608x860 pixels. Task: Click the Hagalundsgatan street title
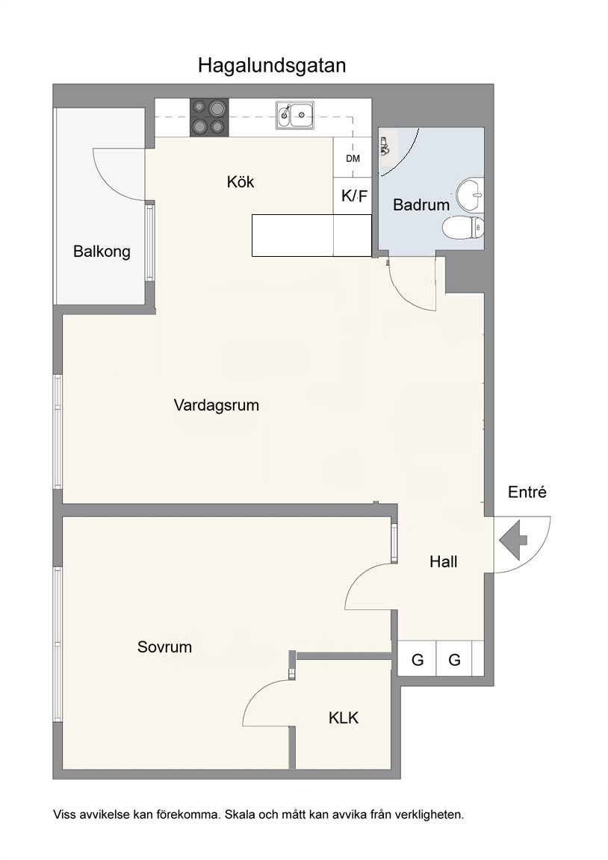point(272,66)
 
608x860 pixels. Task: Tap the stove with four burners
point(209,117)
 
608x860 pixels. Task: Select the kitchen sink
point(295,115)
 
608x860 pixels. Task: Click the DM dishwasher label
point(353,158)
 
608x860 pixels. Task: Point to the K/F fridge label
point(355,196)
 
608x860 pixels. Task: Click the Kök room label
point(241,181)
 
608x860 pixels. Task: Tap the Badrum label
point(421,205)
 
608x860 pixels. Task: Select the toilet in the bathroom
point(463,227)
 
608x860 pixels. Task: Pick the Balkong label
point(102,252)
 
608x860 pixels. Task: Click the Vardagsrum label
point(216,405)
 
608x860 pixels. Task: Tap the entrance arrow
point(513,540)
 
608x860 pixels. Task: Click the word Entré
point(527,492)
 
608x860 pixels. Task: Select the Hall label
point(444,561)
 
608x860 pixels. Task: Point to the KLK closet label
point(344,717)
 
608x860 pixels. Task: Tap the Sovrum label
point(164,647)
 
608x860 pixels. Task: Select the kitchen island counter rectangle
point(311,235)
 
